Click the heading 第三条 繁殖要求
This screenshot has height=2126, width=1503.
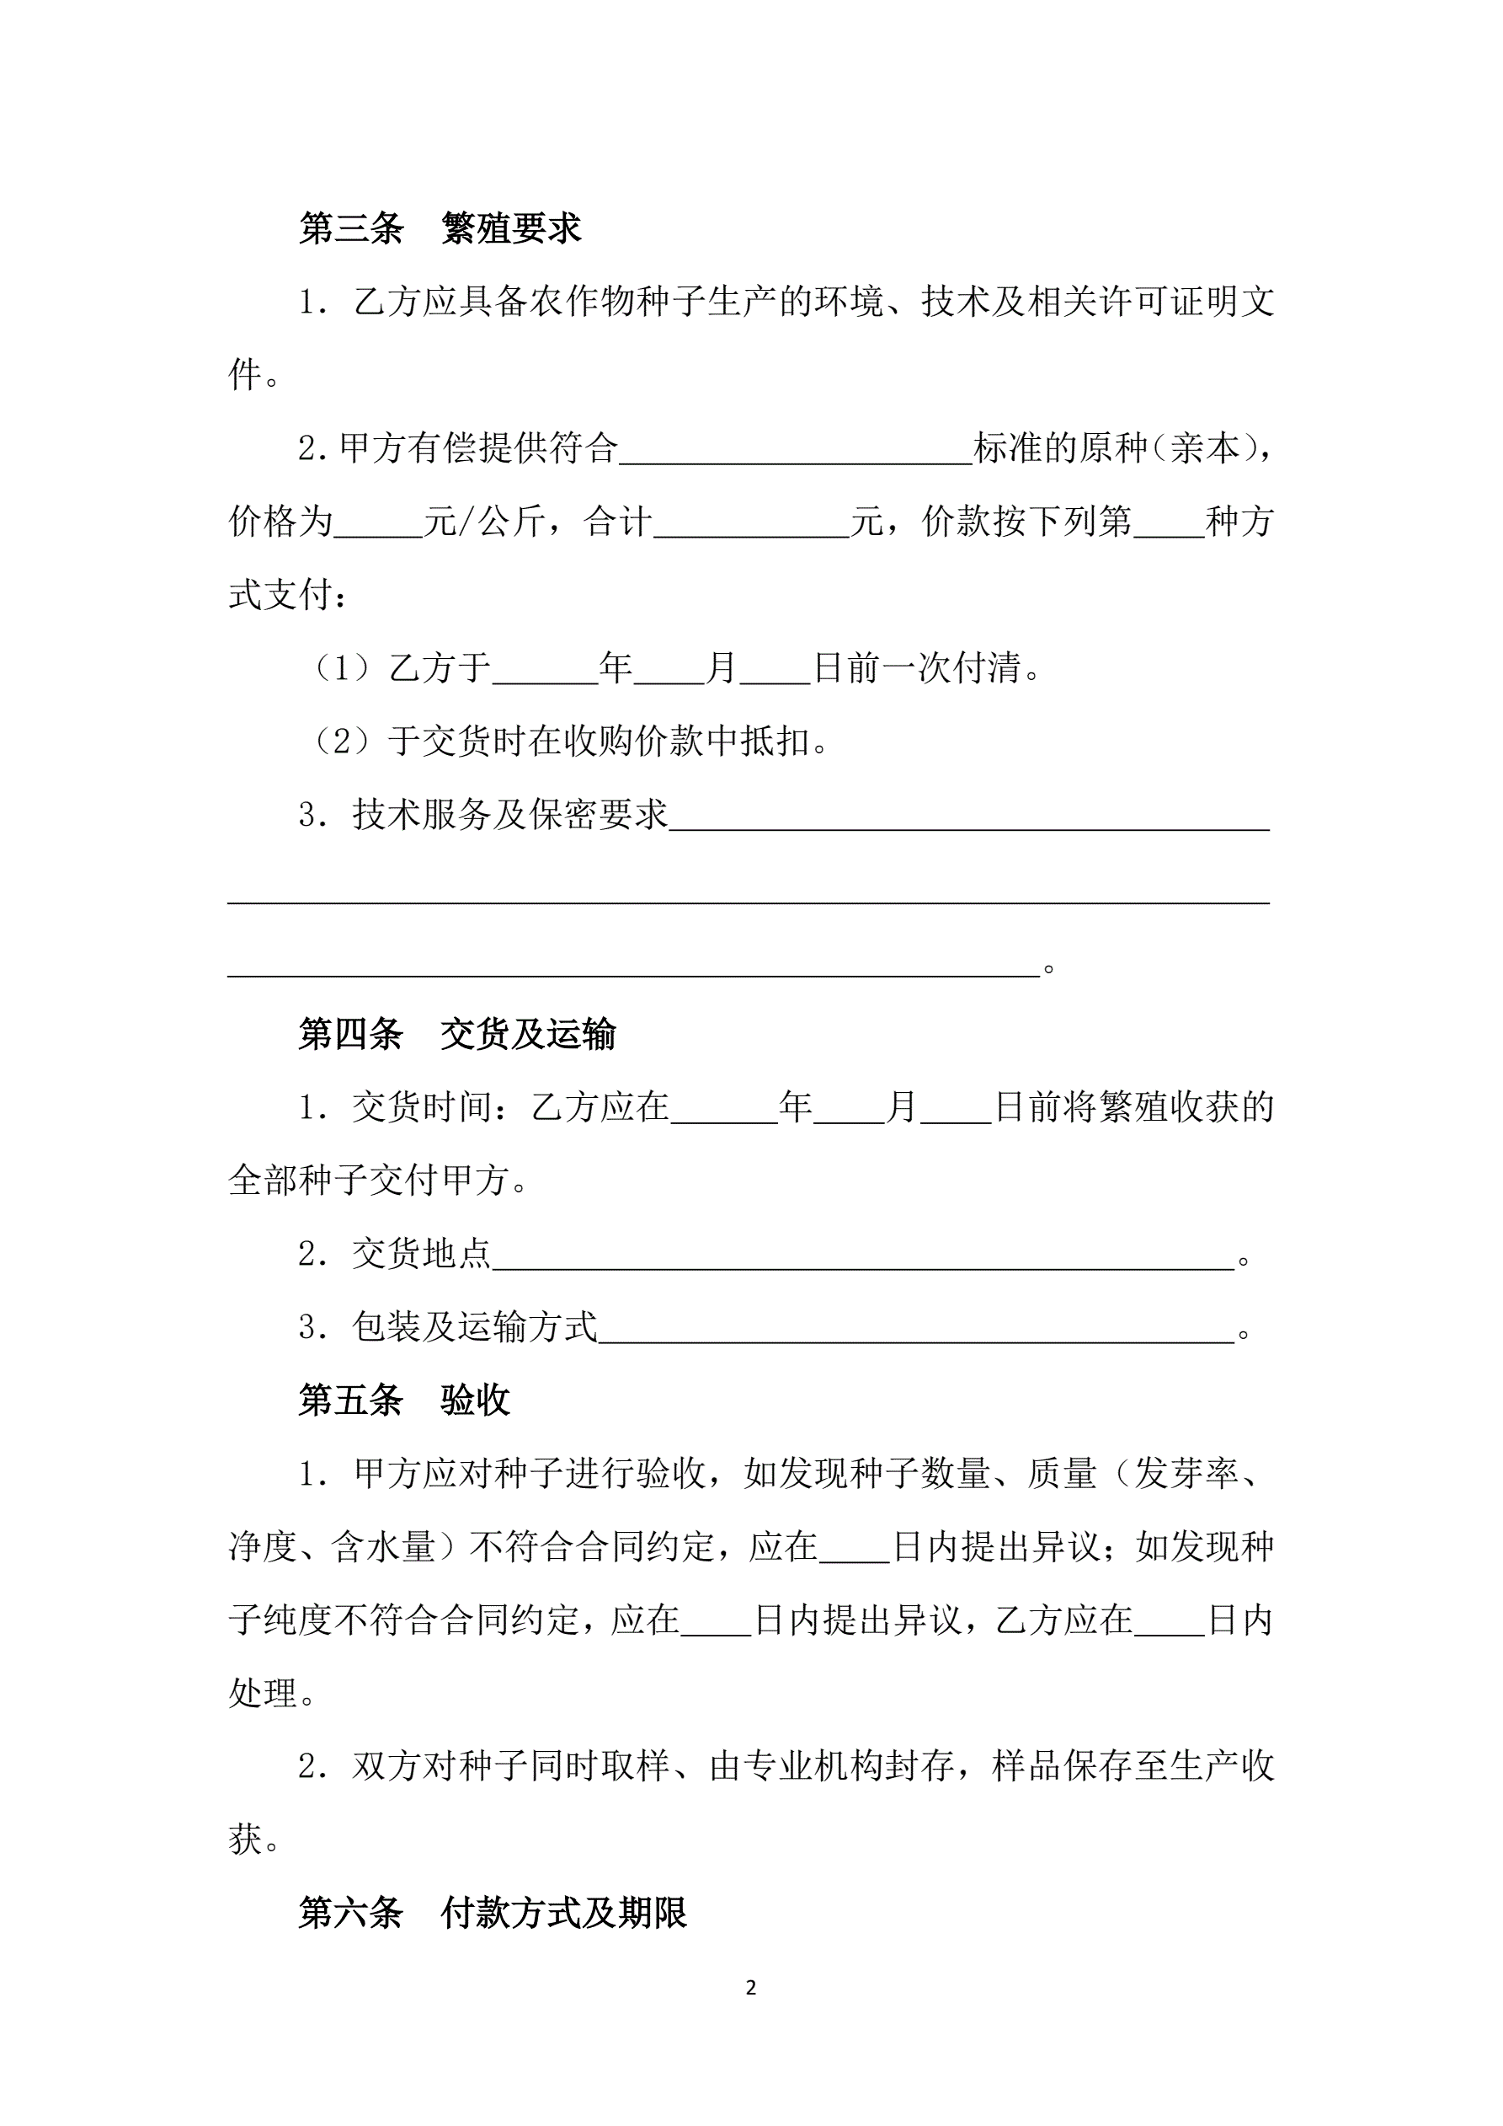(440, 228)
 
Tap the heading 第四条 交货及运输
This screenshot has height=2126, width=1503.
(456, 1034)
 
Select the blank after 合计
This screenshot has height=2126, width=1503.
(750, 524)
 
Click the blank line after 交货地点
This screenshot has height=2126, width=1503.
(862, 1256)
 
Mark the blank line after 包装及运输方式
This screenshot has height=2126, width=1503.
(915, 1330)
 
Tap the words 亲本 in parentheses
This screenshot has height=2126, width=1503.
(1204, 449)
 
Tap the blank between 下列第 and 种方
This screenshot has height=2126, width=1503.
(1169, 524)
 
